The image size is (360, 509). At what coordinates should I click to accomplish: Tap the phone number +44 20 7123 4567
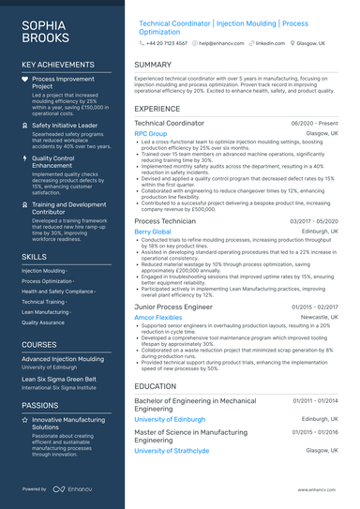(167, 43)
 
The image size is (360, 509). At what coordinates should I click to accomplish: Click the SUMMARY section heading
(153, 65)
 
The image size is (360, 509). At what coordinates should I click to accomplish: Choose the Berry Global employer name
(153, 232)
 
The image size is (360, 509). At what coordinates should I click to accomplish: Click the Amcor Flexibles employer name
(158, 318)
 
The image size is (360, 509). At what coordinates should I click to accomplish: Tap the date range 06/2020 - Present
(315, 124)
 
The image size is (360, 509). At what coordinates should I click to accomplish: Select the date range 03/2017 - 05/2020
(314, 221)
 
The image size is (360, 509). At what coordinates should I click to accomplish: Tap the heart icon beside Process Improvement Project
(25, 80)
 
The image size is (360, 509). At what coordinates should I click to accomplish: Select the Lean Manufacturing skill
(46, 312)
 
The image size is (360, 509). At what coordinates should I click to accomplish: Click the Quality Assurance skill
(42, 322)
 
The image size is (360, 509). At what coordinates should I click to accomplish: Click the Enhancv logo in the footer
(72, 488)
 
